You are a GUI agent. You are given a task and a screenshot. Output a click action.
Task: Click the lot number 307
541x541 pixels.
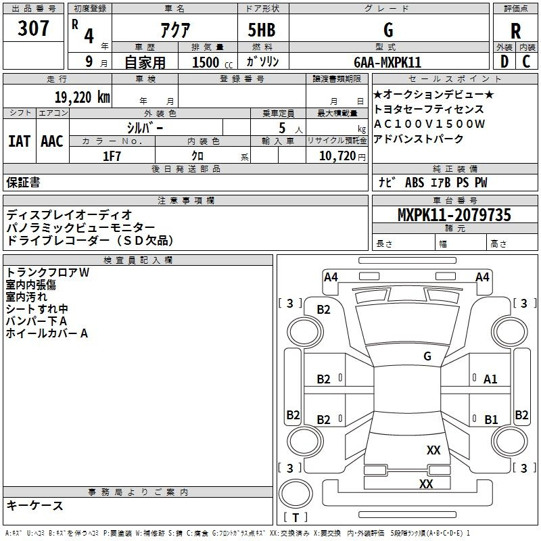pos(34,29)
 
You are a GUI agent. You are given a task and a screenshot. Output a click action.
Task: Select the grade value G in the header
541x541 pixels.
pos(388,30)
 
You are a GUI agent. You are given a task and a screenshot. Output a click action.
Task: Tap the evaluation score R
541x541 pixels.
pos(515,30)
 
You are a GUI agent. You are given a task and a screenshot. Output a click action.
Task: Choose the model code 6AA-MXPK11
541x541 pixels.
pos(387,62)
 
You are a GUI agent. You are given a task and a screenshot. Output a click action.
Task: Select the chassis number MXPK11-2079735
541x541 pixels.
pos(454,215)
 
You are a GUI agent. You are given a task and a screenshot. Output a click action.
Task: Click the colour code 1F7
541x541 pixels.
pos(112,156)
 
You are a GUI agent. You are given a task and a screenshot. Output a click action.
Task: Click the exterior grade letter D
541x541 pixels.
pos(504,62)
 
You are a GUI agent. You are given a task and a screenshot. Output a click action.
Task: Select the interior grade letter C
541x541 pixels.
pos(526,62)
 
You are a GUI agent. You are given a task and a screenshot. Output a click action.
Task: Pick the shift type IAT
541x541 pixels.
pos(19,141)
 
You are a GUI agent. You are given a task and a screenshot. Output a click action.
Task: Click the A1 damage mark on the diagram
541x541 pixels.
pos(490,379)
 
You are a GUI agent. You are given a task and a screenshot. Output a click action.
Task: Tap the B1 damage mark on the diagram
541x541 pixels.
pos(491,419)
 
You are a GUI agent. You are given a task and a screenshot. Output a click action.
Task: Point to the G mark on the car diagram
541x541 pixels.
pos(427,356)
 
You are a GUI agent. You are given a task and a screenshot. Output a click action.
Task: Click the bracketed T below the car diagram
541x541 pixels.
pos(295,517)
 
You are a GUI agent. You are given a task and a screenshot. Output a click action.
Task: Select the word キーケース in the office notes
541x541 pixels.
pos(35,506)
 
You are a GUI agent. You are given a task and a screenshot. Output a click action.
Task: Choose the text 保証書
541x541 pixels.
pos(23,183)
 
